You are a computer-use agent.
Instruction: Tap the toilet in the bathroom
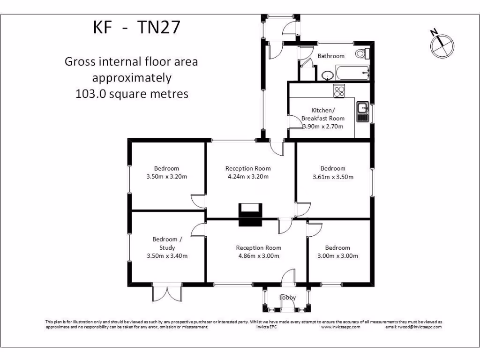(362, 53)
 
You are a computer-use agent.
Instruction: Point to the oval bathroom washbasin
(328, 75)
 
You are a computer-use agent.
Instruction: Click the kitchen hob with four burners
(339, 90)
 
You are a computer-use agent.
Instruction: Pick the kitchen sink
(362, 112)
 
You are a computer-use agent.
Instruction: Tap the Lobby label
(288, 297)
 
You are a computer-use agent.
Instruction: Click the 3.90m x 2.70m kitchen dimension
(322, 127)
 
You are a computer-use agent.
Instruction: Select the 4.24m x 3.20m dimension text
(248, 177)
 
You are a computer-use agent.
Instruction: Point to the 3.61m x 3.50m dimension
(333, 177)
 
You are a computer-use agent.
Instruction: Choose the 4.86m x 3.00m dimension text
(258, 256)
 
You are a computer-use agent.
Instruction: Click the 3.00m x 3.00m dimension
(337, 256)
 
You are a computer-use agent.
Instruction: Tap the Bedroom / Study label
(167, 244)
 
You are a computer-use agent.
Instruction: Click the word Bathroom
(331, 56)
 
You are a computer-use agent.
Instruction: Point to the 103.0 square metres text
(132, 94)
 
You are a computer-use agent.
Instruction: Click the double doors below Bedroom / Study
(167, 293)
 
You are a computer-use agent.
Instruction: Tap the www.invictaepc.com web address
(340, 327)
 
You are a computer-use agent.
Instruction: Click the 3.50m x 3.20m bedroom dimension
(167, 177)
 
